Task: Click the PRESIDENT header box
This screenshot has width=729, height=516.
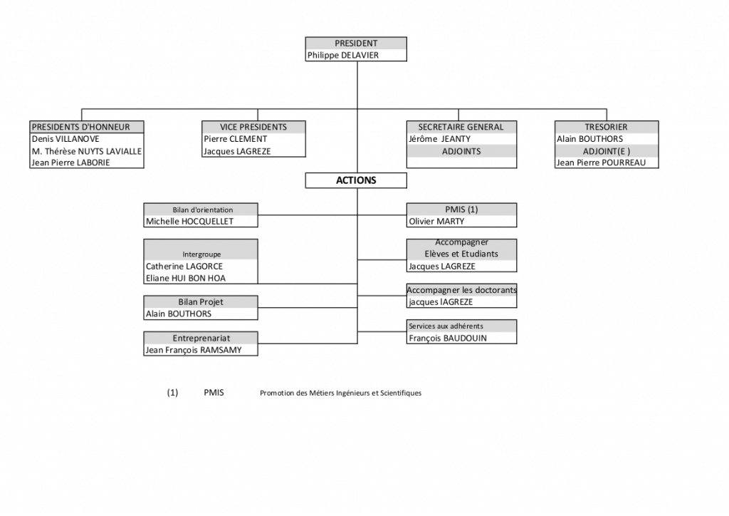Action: point(356,43)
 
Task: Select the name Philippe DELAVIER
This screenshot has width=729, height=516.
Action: point(342,56)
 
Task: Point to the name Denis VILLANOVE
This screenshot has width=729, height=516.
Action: point(65,139)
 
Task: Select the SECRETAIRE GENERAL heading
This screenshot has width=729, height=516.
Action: point(461,127)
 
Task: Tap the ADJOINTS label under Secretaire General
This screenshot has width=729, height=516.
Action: point(461,151)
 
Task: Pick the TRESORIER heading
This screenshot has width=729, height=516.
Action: point(607,127)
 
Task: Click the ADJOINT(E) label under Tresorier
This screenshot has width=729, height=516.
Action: point(607,151)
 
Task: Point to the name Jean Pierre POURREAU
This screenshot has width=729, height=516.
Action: point(601,163)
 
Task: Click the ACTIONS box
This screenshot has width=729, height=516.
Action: point(356,180)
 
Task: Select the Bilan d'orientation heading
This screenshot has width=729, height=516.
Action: point(201,210)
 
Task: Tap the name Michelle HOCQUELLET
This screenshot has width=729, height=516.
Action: point(189,222)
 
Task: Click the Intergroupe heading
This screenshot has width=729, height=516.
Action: point(201,254)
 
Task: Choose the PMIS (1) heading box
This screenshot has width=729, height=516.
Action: point(461,209)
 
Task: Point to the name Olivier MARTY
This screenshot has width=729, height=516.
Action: point(436,222)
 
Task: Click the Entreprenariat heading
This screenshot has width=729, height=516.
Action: point(201,337)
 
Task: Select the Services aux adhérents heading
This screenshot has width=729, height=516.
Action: point(446,326)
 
